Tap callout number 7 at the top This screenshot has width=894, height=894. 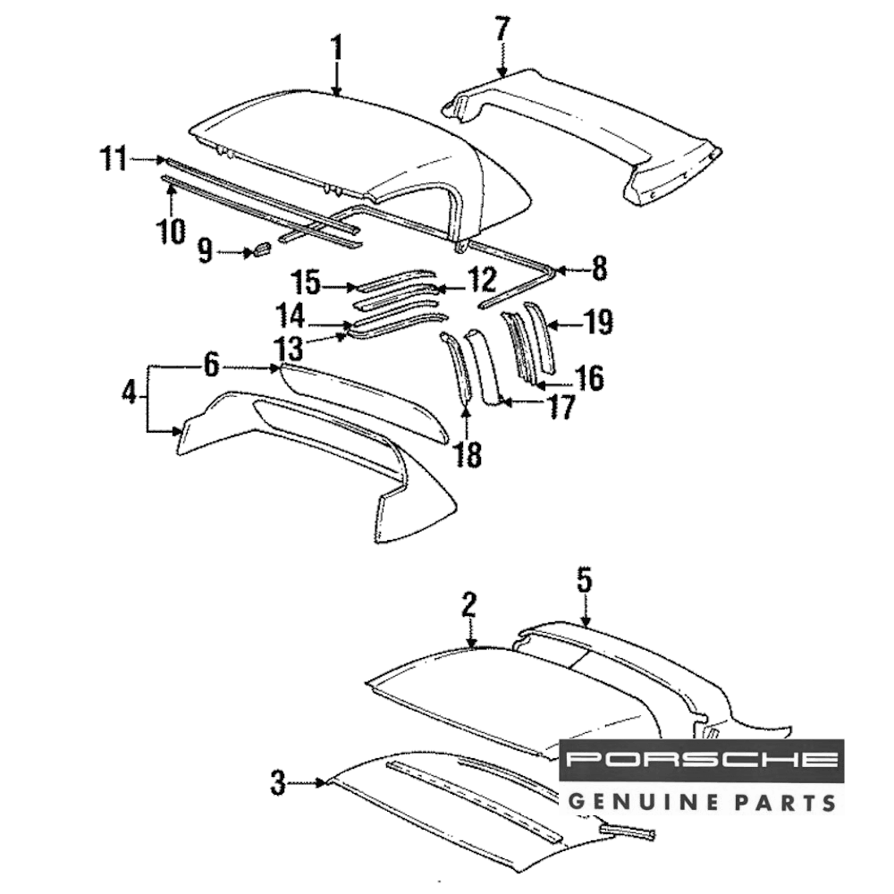[x=502, y=29]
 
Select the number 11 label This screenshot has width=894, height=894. [x=114, y=160]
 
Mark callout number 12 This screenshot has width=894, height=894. [x=481, y=282]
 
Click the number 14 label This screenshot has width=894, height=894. [x=290, y=316]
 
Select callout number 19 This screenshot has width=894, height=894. [x=598, y=323]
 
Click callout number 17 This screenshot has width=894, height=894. [x=561, y=408]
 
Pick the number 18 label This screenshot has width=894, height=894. [x=467, y=454]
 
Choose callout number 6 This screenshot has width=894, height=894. [x=210, y=365]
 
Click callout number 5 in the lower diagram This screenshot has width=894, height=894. [x=584, y=581]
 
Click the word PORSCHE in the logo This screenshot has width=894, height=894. [x=701, y=760]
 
